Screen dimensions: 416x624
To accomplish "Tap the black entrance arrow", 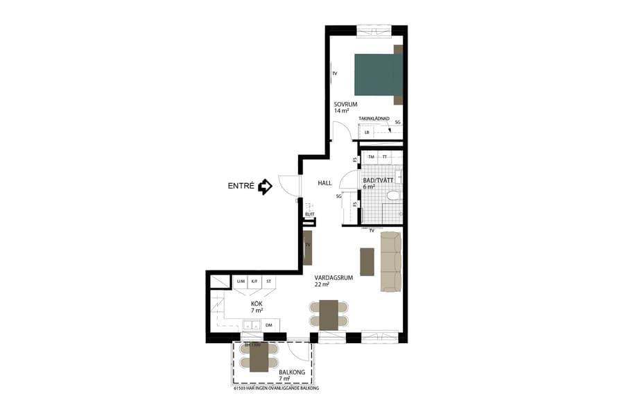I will [265, 187].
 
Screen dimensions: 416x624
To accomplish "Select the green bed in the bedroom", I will [378, 74].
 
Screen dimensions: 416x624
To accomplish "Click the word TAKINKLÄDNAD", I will [374, 119].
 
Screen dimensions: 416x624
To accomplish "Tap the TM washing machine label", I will [371, 157].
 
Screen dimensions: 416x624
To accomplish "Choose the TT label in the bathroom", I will [385, 157].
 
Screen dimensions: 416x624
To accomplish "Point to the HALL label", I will [324, 183].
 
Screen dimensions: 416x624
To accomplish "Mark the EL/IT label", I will [309, 214].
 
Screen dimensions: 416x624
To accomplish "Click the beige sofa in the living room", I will [391, 261].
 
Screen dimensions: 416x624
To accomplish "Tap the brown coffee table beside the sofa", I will [367, 261].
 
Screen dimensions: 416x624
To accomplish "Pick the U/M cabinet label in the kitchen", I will [241, 281].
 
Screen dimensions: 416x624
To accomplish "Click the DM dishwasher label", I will [268, 324].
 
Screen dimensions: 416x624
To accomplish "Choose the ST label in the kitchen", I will [269, 281].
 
